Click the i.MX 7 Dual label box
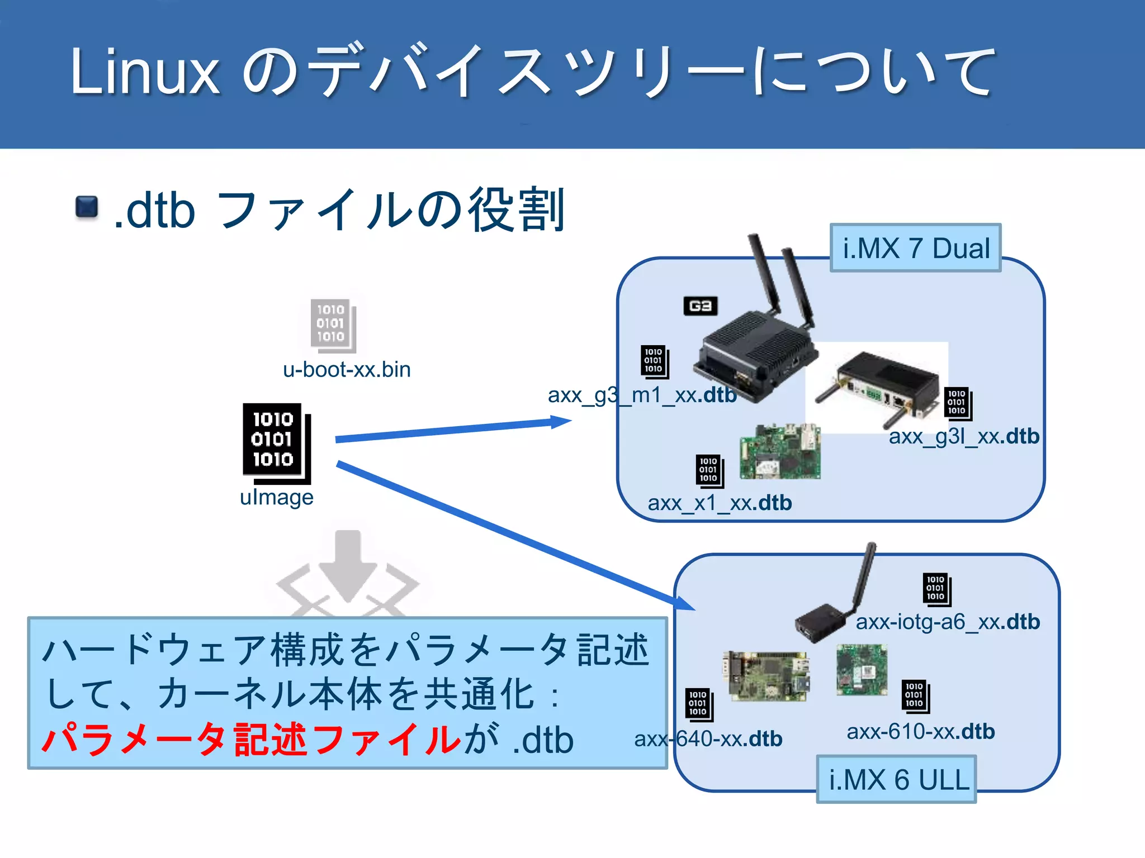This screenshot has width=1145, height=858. [915, 248]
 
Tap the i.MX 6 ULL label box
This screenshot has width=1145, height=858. [896, 779]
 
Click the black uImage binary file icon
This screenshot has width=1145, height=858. [276, 443]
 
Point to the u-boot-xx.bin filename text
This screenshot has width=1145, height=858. [347, 370]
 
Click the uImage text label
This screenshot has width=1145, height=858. [276, 497]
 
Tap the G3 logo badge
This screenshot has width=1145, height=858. [700, 306]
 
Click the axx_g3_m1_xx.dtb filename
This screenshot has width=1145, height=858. [642, 395]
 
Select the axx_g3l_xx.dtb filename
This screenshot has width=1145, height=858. [964, 436]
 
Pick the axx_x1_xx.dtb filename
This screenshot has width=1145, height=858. [720, 503]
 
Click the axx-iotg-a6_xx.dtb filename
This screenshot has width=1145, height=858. [948, 622]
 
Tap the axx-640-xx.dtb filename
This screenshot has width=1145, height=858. [708, 739]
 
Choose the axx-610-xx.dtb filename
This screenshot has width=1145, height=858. [920, 732]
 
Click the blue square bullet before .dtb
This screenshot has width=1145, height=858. [87, 207]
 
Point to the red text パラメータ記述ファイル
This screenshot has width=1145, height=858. [252, 740]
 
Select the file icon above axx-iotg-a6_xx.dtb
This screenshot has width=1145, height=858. [936, 589]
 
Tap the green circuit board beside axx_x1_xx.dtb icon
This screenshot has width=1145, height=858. [780, 451]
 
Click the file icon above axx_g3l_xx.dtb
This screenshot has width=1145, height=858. [958, 403]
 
